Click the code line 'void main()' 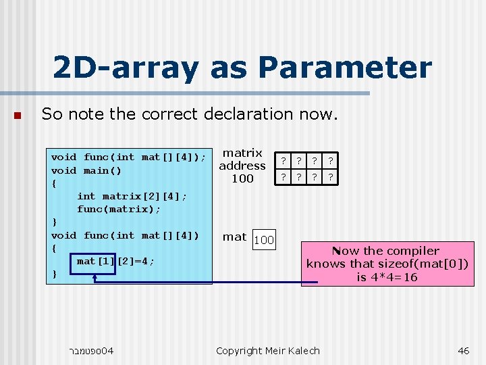(x=86, y=170)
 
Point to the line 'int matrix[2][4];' (x=132, y=196)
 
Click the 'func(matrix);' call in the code (x=119, y=209)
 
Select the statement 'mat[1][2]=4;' (x=115, y=261)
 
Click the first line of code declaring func (x=128, y=157)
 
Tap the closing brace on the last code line (x=54, y=274)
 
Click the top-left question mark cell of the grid (x=284, y=161)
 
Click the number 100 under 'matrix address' (x=242, y=178)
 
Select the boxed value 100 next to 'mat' (x=264, y=239)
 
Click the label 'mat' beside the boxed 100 (x=234, y=237)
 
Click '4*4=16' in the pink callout (x=396, y=277)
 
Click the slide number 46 (x=463, y=350)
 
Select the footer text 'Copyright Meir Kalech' (x=267, y=350)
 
